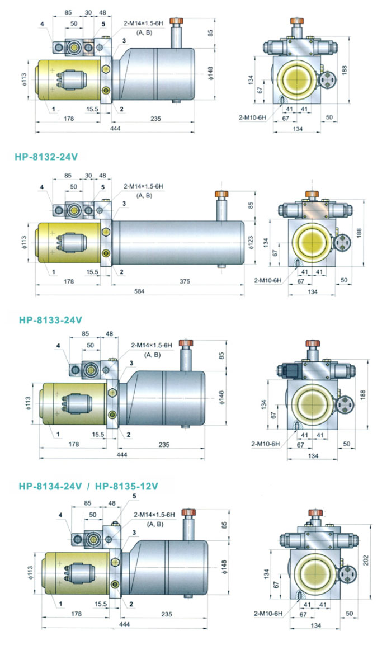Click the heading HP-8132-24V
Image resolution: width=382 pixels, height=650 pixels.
point(46,157)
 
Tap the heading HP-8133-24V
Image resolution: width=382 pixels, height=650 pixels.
point(50,320)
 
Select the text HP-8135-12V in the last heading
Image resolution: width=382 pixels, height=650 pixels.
point(127,486)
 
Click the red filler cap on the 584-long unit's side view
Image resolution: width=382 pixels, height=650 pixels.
point(222,194)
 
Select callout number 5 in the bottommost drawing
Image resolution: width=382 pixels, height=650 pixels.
point(119,496)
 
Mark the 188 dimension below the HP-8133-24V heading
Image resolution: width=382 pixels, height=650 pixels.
point(364,394)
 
